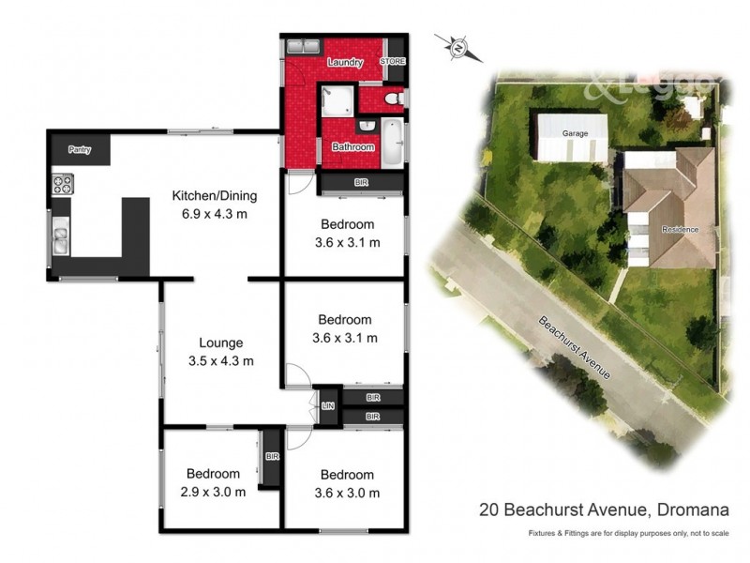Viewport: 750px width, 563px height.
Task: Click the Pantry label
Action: click(x=80, y=149)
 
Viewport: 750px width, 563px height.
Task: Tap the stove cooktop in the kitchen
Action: click(x=63, y=184)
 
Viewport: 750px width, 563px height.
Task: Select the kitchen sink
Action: click(x=61, y=236)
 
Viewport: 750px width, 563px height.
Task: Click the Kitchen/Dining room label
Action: click(x=214, y=196)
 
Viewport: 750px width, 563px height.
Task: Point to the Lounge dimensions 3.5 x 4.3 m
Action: click(x=220, y=360)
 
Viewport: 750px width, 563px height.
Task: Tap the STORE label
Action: click(x=393, y=61)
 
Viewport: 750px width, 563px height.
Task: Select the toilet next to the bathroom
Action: click(x=395, y=98)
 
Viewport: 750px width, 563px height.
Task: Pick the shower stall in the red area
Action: click(x=336, y=100)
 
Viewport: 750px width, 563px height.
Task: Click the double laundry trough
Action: click(x=303, y=46)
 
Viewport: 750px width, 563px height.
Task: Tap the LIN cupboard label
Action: click(x=327, y=405)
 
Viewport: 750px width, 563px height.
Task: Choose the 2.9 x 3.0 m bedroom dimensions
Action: click(x=213, y=491)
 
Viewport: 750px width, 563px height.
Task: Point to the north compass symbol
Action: click(x=458, y=46)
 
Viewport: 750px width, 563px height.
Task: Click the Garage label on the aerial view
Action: click(x=575, y=134)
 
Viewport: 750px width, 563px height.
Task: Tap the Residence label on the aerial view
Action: click(x=680, y=229)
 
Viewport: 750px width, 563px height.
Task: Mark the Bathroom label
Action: click(x=353, y=147)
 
